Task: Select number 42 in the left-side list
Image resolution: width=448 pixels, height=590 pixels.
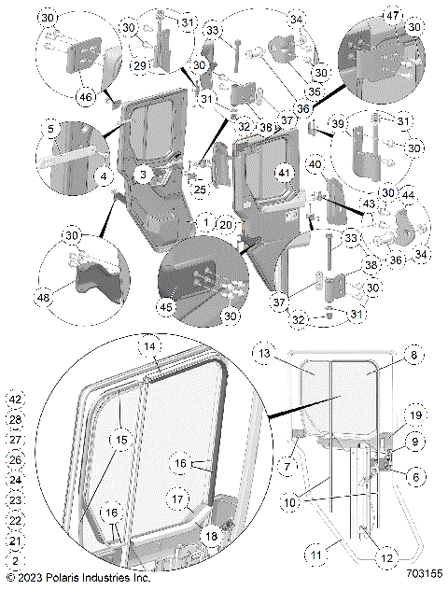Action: tap(14, 399)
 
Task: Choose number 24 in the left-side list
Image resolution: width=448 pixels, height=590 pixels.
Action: tap(14, 480)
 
